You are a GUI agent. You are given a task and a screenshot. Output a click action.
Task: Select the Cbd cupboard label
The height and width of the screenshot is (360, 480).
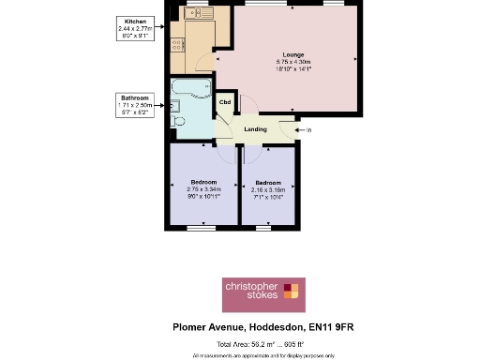pyautogui.click(x=225, y=101)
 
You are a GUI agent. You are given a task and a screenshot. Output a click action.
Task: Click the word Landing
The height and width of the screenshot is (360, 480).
pyautogui.click(x=255, y=129)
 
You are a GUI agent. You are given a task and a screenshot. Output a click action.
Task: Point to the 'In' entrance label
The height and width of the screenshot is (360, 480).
pyautogui.click(x=308, y=129)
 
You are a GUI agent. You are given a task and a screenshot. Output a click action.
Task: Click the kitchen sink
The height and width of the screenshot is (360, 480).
pyautogui.click(x=198, y=15)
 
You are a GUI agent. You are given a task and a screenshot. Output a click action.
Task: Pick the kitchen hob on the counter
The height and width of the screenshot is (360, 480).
pyautogui.click(x=176, y=45)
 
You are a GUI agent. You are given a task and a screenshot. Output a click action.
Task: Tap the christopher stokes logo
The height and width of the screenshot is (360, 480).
pyautogui.click(x=262, y=292)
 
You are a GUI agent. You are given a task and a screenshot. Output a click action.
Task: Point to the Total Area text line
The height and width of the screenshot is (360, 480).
pyautogui.click(x=262, y=345)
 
